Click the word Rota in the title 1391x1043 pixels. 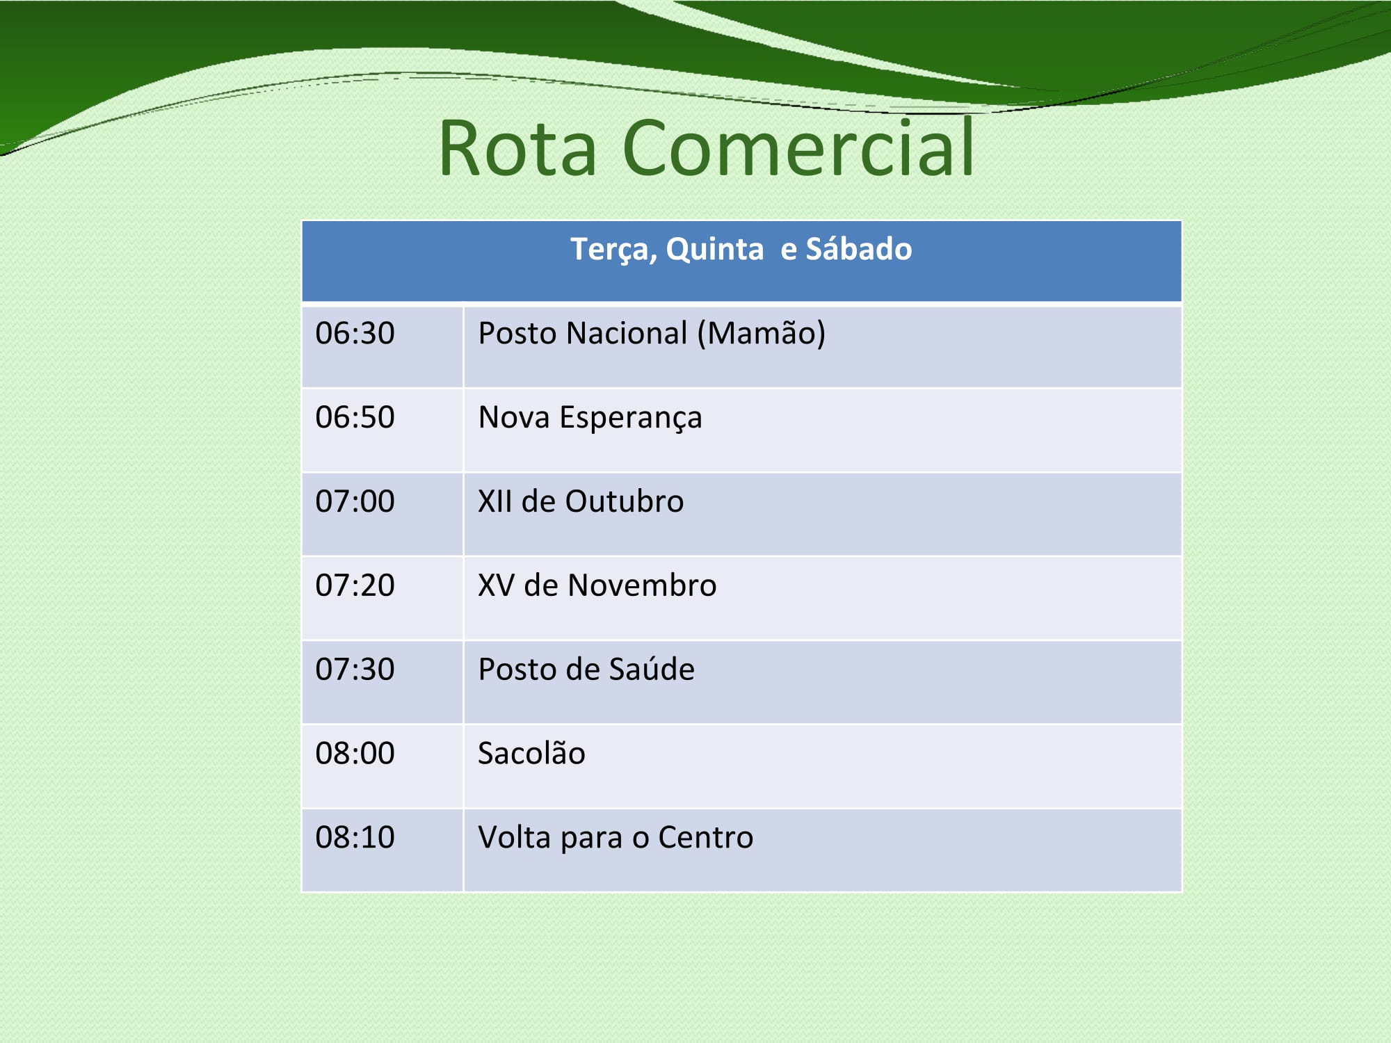click(518, 147)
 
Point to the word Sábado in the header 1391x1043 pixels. click(859, 249)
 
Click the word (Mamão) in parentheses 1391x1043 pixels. click(762, 334)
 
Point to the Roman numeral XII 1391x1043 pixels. click(495, 501)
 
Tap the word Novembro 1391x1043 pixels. click(642, 585)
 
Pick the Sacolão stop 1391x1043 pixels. click(532, 752)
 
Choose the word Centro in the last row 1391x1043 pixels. click(705, 837)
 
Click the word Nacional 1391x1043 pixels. click(627, 333)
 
